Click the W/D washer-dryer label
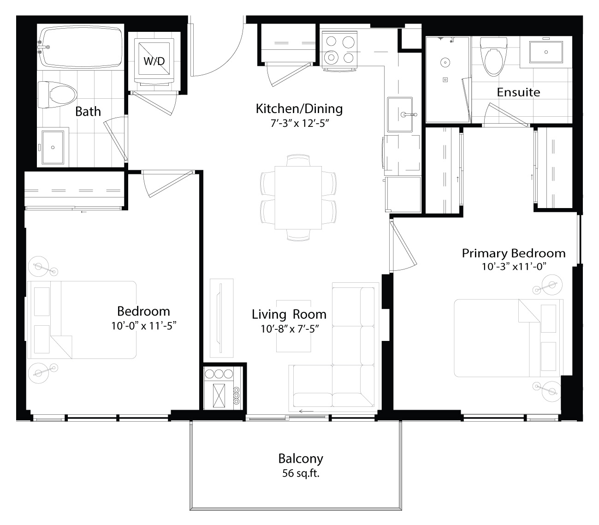point(154,61)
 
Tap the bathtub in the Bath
point(81,47)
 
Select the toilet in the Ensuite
point(493,56)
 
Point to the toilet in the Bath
point(58,95)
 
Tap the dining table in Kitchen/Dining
point(298,197)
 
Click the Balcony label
point(300,459)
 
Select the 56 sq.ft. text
point(300,473)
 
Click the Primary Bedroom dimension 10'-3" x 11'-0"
point(514,267)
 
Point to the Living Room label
point(289,314)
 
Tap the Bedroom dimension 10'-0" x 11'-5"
point(144,326)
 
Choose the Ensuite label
point(518,92)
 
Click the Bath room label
point(88,112)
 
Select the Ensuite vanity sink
point(546,52)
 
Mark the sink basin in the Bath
point(53,147)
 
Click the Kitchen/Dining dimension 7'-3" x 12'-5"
point(300,123)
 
